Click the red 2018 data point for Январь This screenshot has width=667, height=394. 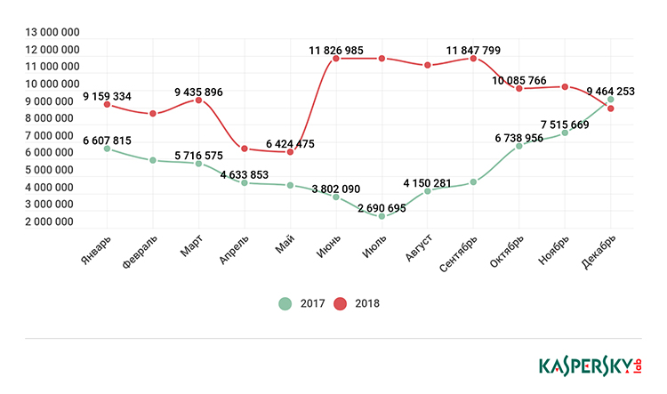pyautogui.click(x=107, y=104)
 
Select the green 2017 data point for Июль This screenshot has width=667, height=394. pyautogui.click(x=382, y=216)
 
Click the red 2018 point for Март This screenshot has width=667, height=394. pyautogui.click(x=198, y=100)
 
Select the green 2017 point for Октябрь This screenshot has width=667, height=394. pyautogui.click(x=518, y=146)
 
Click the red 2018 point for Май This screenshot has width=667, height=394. pyautogui.click(x=290, y=152)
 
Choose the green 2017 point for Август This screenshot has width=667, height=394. pyautogui.click(x=427, y=191)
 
